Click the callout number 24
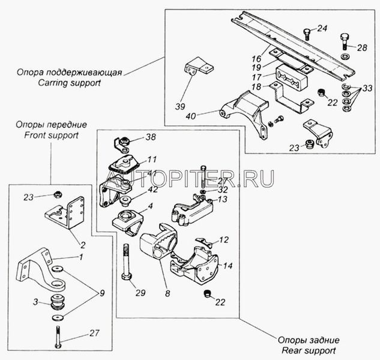(322, 28)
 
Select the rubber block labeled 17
(291, 77)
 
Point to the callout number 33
(367, 88)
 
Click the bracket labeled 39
(199, 66)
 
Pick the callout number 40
(190, 116)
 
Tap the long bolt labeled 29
(127, 262)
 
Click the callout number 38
(151, 137)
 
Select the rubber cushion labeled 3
(58, 302)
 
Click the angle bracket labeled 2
(65, 213)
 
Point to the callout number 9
(102, 293)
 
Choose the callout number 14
(228, 266)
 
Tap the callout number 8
(167, 294)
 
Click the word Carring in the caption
(53, 83)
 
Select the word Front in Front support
(35, 135)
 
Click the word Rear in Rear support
(291, 350)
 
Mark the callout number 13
(223, 199)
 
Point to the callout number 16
(256, 59)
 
